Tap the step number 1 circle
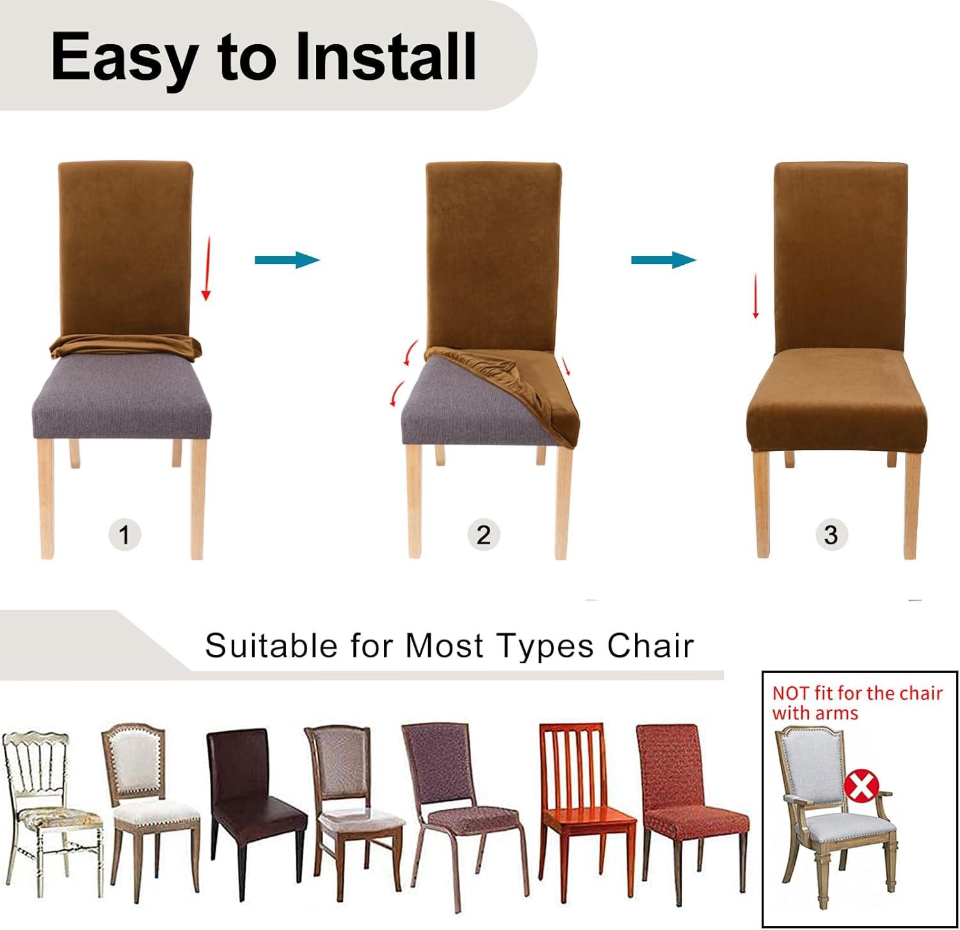coord(124,534)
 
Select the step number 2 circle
coord(483,534)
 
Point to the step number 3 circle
coord(831,534)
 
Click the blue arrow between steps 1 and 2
coord(287,260)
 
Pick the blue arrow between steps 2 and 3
coord(664,260)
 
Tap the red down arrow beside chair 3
coord(755,297)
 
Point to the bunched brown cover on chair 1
coord(125,345)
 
